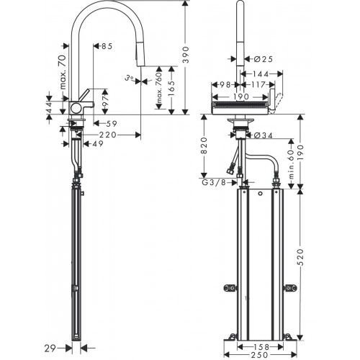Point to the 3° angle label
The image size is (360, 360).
tap(130, 77)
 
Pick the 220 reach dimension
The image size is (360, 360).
tap(108, 134)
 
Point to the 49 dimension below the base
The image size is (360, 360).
tap(96, 143)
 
